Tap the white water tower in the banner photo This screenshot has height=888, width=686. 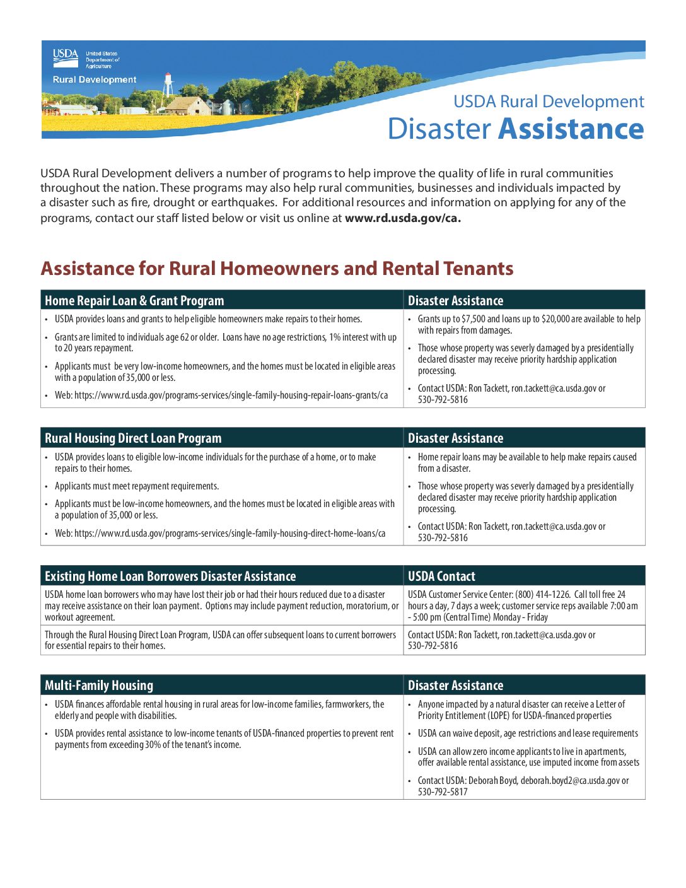[x=168, y=86]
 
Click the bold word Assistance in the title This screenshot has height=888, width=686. [x=571, y=129]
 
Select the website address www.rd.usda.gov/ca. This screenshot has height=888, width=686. [x=402, y=218]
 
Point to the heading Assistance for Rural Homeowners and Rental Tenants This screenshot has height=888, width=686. [x=277, y=269]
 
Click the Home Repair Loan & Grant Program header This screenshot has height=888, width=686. [x=134, y=301]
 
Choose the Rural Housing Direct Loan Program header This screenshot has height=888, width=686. [x=133, y=438]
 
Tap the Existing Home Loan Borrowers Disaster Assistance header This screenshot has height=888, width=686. [x=170, y=576]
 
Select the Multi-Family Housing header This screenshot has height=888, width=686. [x=99, y=686]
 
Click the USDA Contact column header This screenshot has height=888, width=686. [x=441, y=576]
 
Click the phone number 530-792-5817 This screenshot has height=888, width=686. [x=443, y=792]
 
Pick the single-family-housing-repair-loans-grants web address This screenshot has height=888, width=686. [x=231, y=395]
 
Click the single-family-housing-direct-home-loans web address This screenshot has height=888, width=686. [x=230, y=534]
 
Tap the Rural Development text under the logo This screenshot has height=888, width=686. [x=95, y=80]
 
